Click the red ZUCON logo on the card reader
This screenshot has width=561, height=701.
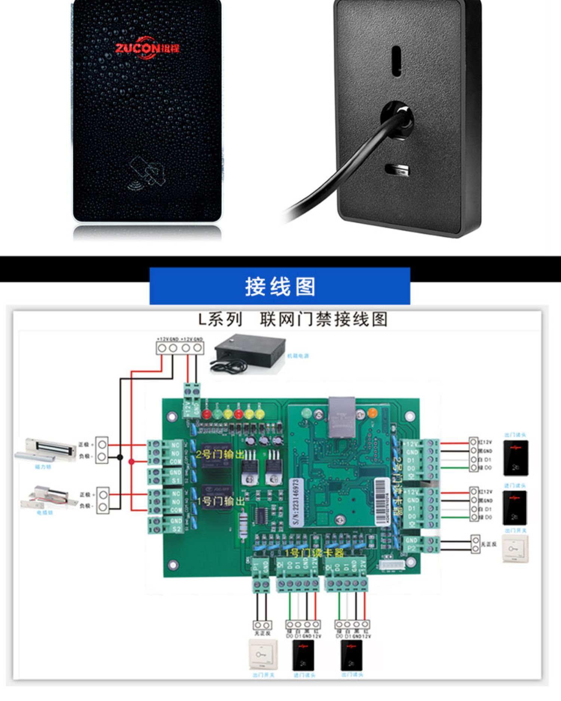147,48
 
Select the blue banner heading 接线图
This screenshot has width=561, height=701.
280,286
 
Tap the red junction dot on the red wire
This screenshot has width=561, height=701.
132,461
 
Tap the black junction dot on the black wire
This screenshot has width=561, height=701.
120,457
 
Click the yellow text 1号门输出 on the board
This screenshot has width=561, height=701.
220,501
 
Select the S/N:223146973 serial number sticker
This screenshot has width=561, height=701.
296,502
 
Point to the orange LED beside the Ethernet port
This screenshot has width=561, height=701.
373,413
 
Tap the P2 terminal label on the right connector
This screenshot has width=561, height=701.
411,549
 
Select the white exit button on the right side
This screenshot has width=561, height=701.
515,548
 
